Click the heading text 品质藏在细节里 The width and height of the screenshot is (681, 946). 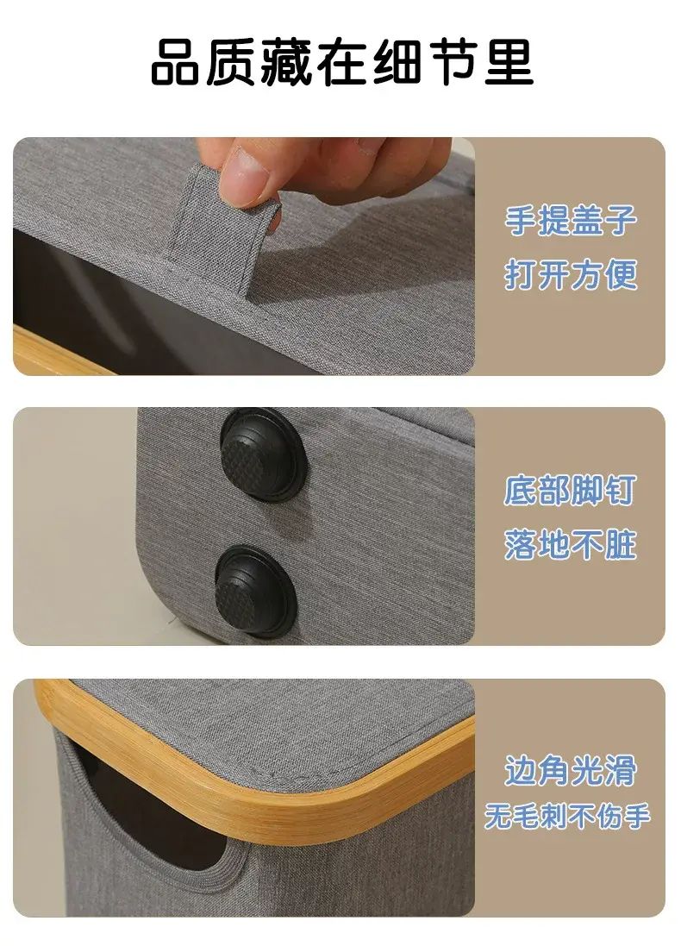pos(341,62)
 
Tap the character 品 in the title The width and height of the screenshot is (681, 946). pos(174,62)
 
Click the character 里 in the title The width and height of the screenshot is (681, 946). pos(509,62)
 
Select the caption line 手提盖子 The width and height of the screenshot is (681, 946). pos(571,220)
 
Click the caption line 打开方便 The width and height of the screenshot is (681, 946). pos(571,275)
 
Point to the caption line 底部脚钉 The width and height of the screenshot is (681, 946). pos(571,490)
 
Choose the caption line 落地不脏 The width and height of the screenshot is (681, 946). pos(571,545)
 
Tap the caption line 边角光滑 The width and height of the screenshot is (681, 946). pos(571,770)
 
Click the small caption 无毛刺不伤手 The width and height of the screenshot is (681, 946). pos(567,817)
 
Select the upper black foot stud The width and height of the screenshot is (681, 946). pos(262,455)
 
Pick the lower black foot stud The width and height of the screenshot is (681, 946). pos(256,592)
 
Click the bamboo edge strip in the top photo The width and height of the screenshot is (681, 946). pos(60,352)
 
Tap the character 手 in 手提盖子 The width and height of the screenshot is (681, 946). pos(521,220)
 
